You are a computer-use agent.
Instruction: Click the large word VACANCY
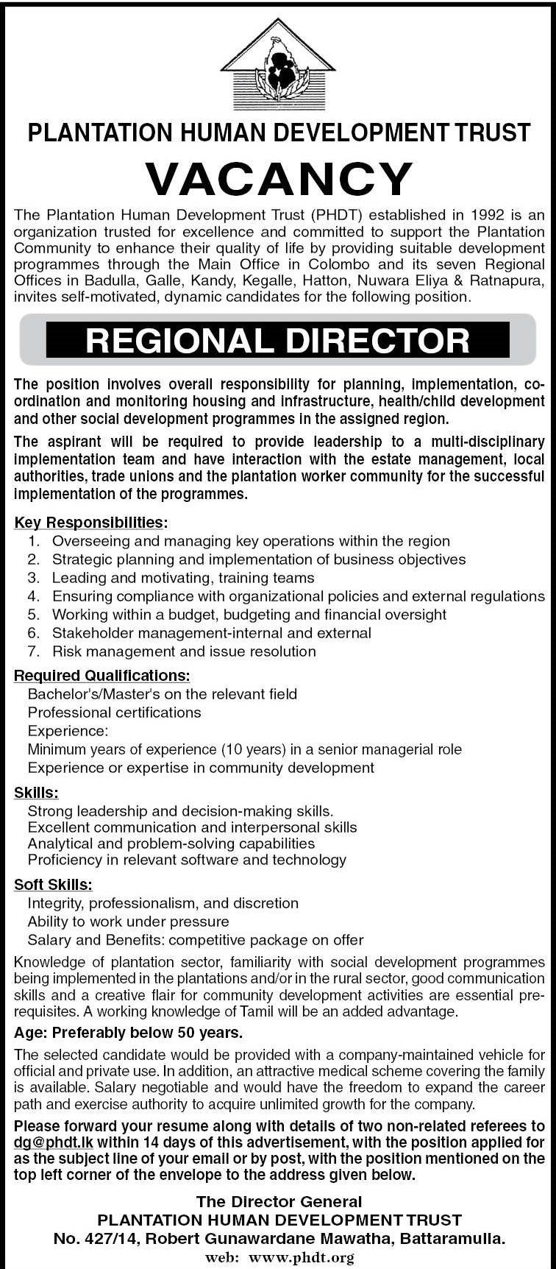pos(278,178)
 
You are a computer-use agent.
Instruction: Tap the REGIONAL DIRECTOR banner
pos(278,340)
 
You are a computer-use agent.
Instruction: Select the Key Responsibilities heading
pos(90,523)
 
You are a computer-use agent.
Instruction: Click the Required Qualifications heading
pos(101,675)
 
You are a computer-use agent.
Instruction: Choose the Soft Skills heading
pos(53,885)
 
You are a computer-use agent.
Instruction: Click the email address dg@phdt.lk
pos(54,1142)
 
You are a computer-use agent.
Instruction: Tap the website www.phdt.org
pos(302,1257)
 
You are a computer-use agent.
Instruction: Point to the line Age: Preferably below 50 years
pos(128,1033)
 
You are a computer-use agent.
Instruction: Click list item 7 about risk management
pos(184,651)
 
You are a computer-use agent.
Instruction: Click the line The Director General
pos(279,1202)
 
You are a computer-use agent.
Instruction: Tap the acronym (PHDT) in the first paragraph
pos(336,216)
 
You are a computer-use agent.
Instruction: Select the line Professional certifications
pos(114,713)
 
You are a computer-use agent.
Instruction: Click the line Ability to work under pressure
pos(128,922)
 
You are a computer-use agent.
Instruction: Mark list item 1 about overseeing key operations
pos(251,541)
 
